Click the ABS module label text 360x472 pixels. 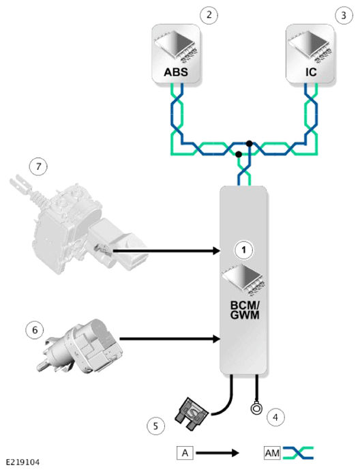click(176, 72)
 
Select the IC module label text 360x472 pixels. click(311, 72)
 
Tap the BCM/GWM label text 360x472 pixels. click(245, 310)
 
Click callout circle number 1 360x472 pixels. click(244, 250)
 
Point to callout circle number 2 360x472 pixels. click(209, 15)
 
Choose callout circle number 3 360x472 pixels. click(344, 16)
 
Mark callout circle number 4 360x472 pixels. click(275, 417)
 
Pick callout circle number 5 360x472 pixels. click(155, 426)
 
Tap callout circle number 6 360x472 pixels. click(35, 330)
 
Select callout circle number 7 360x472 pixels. click(38, 166)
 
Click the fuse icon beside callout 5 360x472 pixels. click(192, 414)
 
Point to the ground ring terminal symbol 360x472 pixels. click(256, 409)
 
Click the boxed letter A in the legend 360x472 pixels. click(185, 453)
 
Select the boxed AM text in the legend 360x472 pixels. click(272, 453)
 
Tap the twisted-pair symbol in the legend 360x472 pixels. click(298, 453)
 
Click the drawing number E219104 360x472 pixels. click(23, 462)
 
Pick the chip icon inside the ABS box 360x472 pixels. click(176, 47)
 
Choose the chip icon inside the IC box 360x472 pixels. click(311, 47)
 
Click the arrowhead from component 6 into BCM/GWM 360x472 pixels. click(216, 338)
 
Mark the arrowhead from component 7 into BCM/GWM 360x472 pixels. click(216, 250)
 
